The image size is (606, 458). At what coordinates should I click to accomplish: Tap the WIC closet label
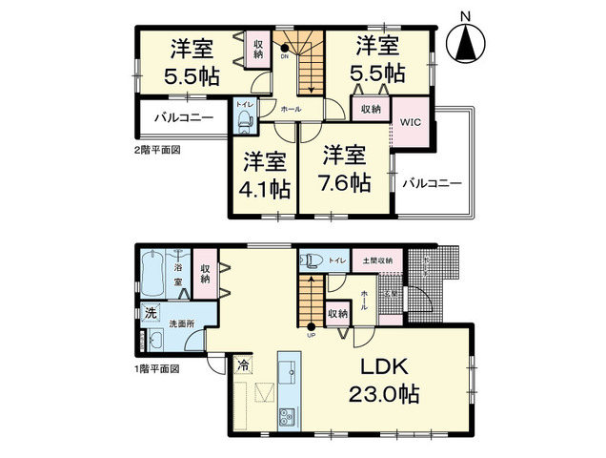coord(411,122)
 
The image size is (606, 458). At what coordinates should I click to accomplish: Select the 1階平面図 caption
coord(155,368)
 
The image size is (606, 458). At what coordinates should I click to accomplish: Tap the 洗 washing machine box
coord(151,313)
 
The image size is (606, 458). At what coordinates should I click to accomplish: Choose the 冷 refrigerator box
coord(244,364)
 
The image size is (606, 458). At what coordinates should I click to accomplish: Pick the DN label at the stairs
coord(285,56)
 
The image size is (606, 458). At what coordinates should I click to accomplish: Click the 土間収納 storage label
coord(372,259)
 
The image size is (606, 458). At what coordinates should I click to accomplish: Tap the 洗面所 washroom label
coord(183,323)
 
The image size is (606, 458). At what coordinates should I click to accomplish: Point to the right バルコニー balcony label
coord(431,181)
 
